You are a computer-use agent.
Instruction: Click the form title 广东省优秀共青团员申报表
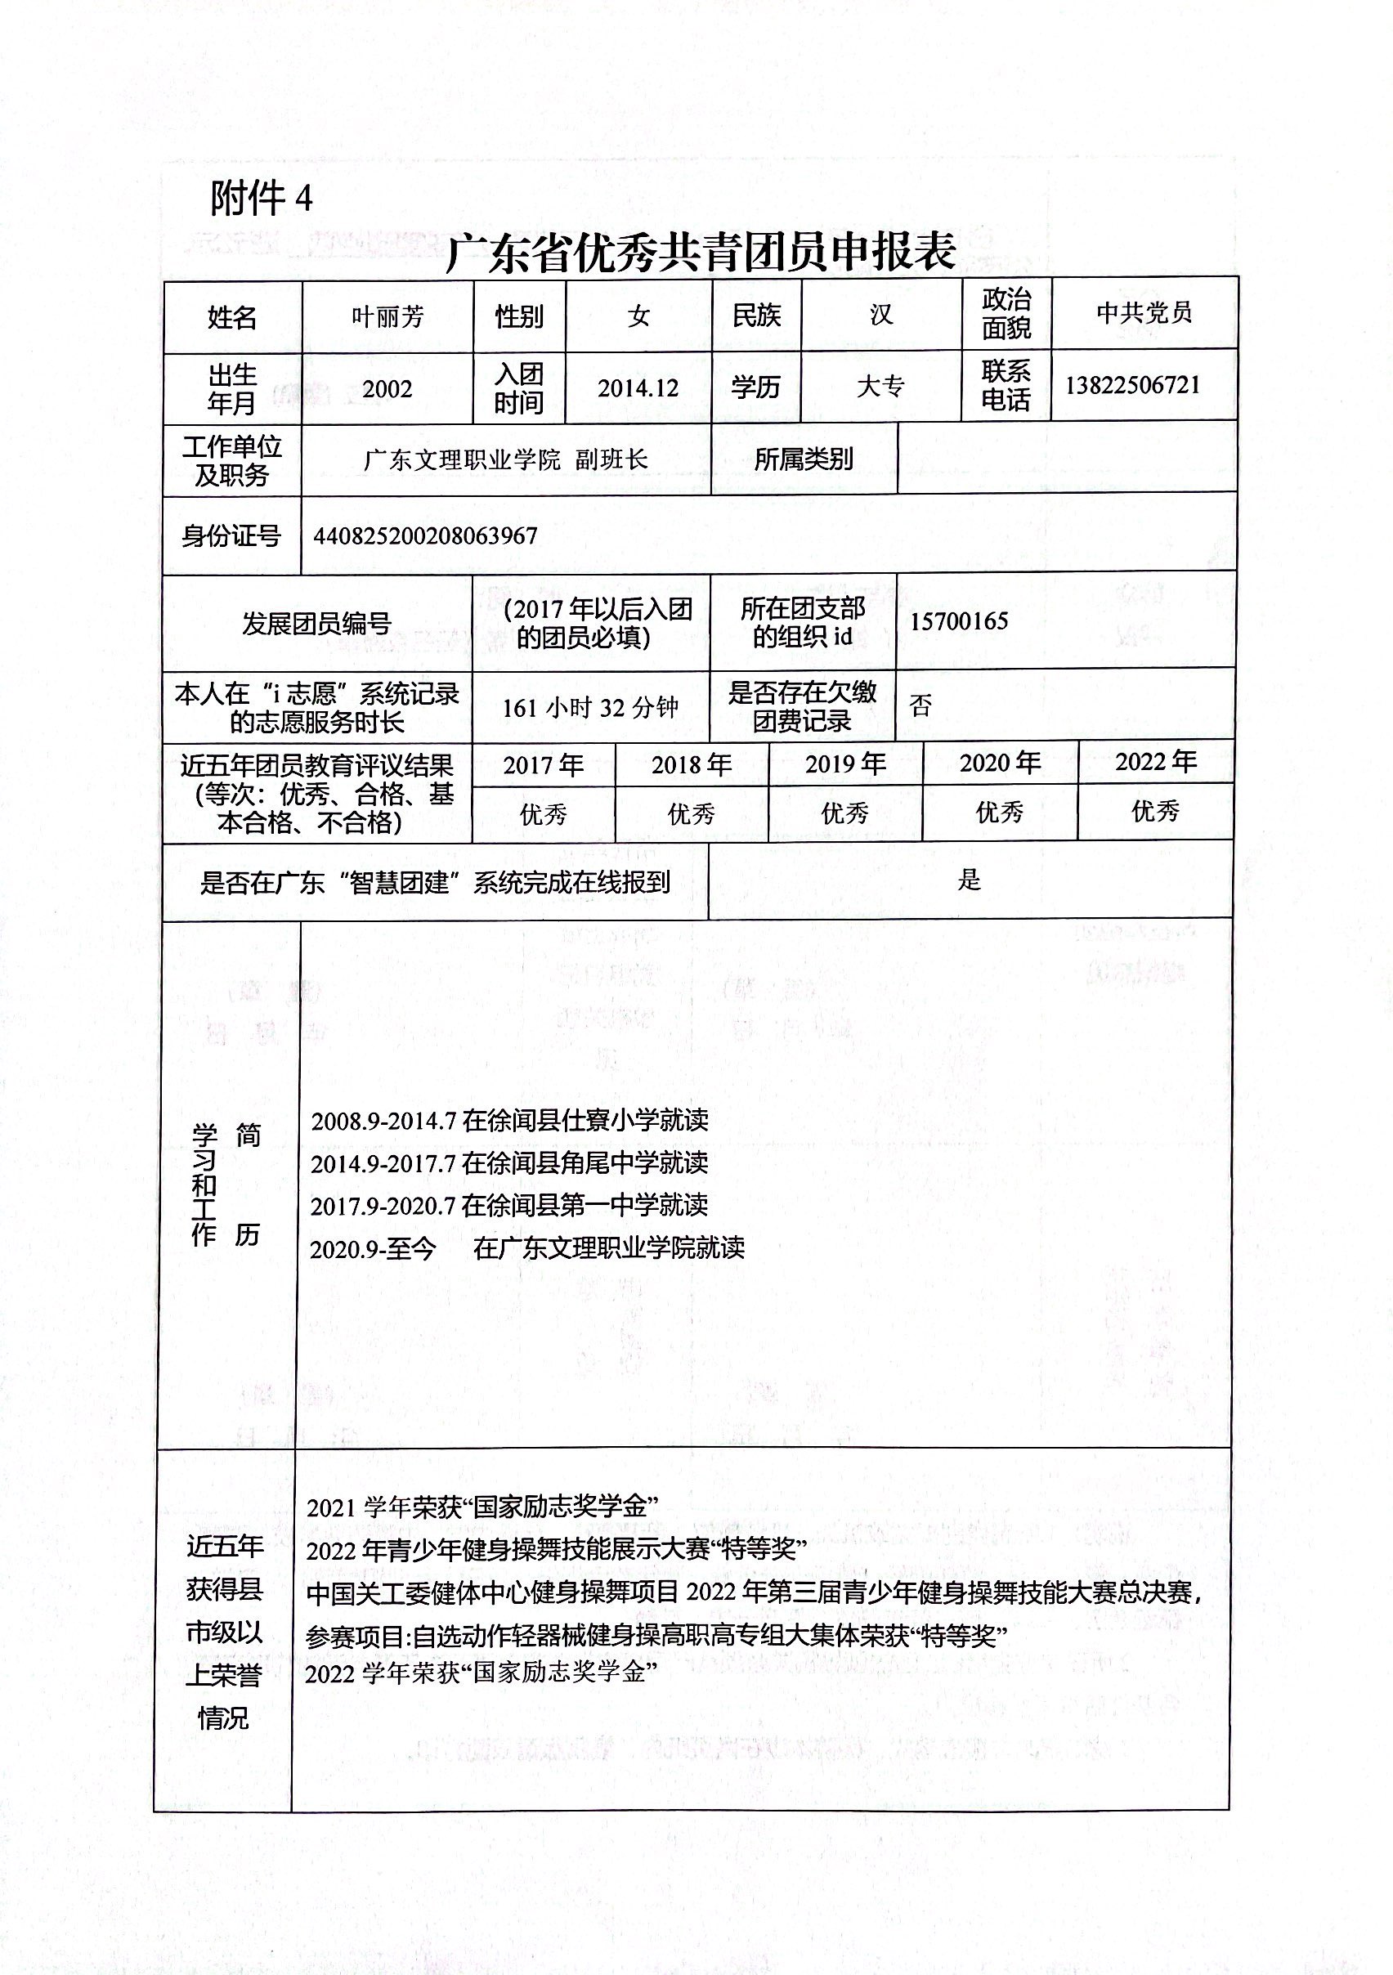tap(701, 252)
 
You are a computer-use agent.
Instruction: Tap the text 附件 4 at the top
tap(261, 199)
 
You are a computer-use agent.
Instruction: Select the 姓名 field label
tap(232, 317)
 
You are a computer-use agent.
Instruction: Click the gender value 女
tap(638, 316)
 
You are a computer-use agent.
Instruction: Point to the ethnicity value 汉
tap(881, 314)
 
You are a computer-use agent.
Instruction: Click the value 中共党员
tap(1144, 312)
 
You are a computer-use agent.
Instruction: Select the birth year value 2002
tap(387, 389)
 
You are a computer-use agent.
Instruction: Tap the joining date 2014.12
tap(638, 388)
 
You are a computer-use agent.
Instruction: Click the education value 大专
tap(880, 386)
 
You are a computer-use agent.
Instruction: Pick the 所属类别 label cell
tap(804, 459)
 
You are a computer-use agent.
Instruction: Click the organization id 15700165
tap(958, 621)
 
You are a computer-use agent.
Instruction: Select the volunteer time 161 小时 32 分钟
tap(590, 707)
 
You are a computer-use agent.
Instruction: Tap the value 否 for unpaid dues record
tap(920, 705)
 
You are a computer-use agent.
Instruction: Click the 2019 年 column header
tap(845, 764)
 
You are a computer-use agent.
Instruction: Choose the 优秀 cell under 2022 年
tap(1154, 810)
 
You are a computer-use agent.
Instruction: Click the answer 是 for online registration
tap(969, 880)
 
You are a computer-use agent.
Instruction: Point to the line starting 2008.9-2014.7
tap(509, 1120)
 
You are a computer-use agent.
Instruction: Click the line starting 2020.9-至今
tap(526, 1248)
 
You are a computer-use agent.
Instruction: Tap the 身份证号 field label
tap(231, 536)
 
